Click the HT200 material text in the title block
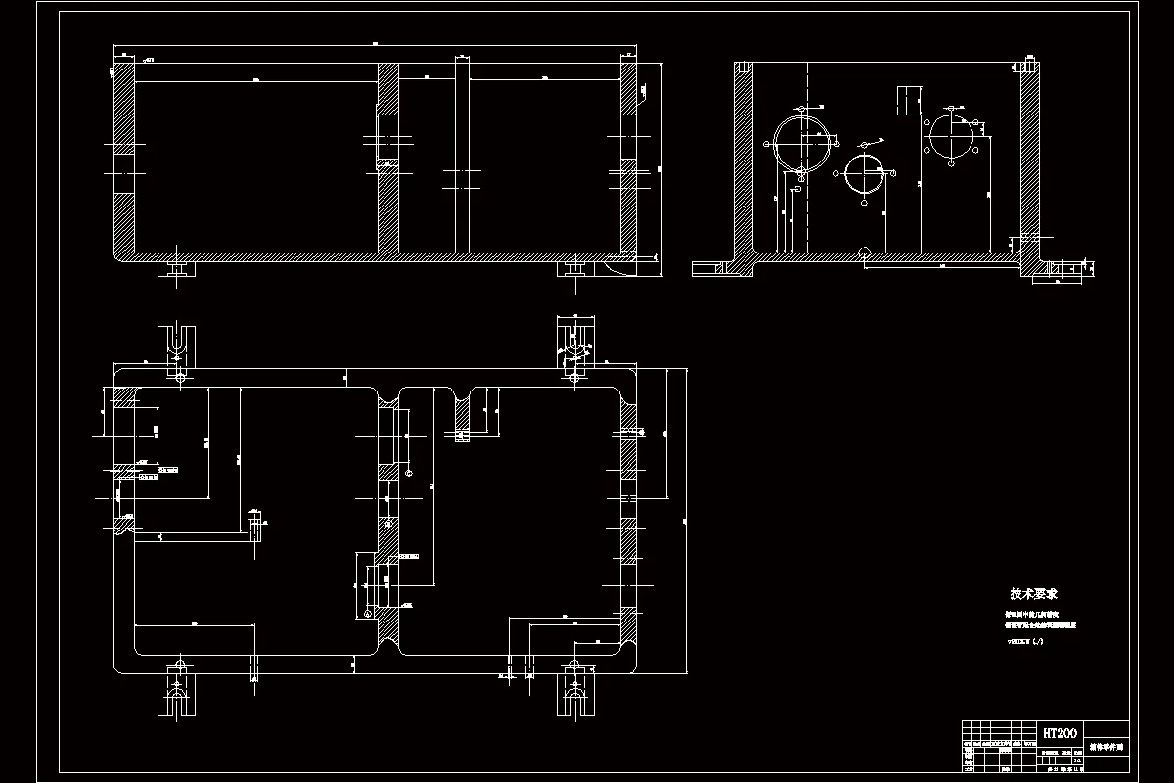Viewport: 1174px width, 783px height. tap(1061, 732)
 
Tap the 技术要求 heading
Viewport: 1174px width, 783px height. tap(1034, 593)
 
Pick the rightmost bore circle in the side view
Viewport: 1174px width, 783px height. tap(951, 135)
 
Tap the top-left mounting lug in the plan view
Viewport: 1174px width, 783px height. tap(177, 349)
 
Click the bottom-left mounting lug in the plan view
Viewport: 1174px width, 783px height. tap(177, 693)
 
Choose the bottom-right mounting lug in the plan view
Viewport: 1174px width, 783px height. tap(572, 693)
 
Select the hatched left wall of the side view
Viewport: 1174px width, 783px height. tap(744, 157)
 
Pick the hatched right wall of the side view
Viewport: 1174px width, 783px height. tap(1029, 157)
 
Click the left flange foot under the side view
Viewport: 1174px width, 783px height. tap(709, 266)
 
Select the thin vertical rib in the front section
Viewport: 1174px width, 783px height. tap(462, 157)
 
